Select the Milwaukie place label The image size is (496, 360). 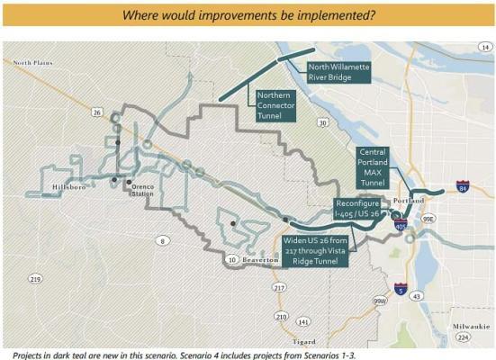[x=469, y=326]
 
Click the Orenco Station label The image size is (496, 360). [x=141, y=191]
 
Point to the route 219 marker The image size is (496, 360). [x=36, y=279]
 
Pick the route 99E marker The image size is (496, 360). [x=429, y=217]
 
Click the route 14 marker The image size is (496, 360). [x=486, y=46]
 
